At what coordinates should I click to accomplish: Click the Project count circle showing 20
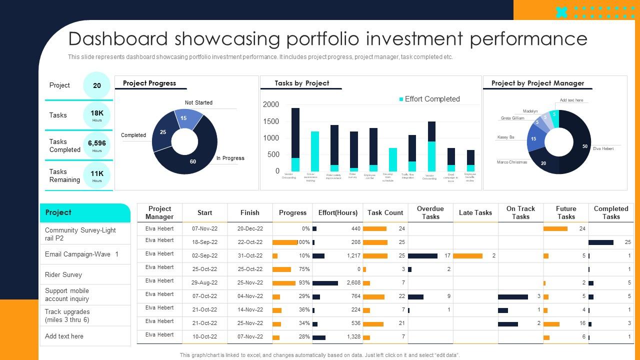[97, 85]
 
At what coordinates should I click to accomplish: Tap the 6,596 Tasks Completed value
[97, 143]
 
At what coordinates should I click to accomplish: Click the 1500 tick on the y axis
[271, 121]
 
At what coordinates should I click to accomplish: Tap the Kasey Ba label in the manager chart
[505, 137]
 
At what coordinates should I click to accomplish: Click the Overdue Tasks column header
[430, 212]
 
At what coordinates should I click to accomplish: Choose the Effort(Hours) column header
[337, 212]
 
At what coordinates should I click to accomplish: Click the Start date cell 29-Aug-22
[204, 283]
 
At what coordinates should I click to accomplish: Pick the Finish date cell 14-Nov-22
[249, 310]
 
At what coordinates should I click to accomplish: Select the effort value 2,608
[353, 283]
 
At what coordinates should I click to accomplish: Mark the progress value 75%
[303, 269]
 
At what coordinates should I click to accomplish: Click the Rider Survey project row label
[63, 274]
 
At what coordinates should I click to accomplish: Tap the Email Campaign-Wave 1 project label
[81, 254]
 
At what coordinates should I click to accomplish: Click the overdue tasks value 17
[447, 256]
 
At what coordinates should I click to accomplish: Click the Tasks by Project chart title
[301, 83]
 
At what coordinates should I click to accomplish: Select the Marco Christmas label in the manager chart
[511, 162]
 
